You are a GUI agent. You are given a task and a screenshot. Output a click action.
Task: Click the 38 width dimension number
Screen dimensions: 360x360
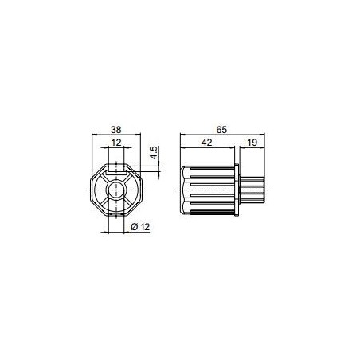point(116,128)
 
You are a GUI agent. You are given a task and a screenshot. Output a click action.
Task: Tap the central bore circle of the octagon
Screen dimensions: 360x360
point(116,191)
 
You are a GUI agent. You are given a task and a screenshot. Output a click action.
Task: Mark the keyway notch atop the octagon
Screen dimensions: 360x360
point(116,168)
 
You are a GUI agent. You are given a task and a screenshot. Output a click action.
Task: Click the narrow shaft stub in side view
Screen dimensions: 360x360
point(253,191)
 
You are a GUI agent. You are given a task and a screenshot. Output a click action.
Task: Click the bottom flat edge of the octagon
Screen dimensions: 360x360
point(116,217)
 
